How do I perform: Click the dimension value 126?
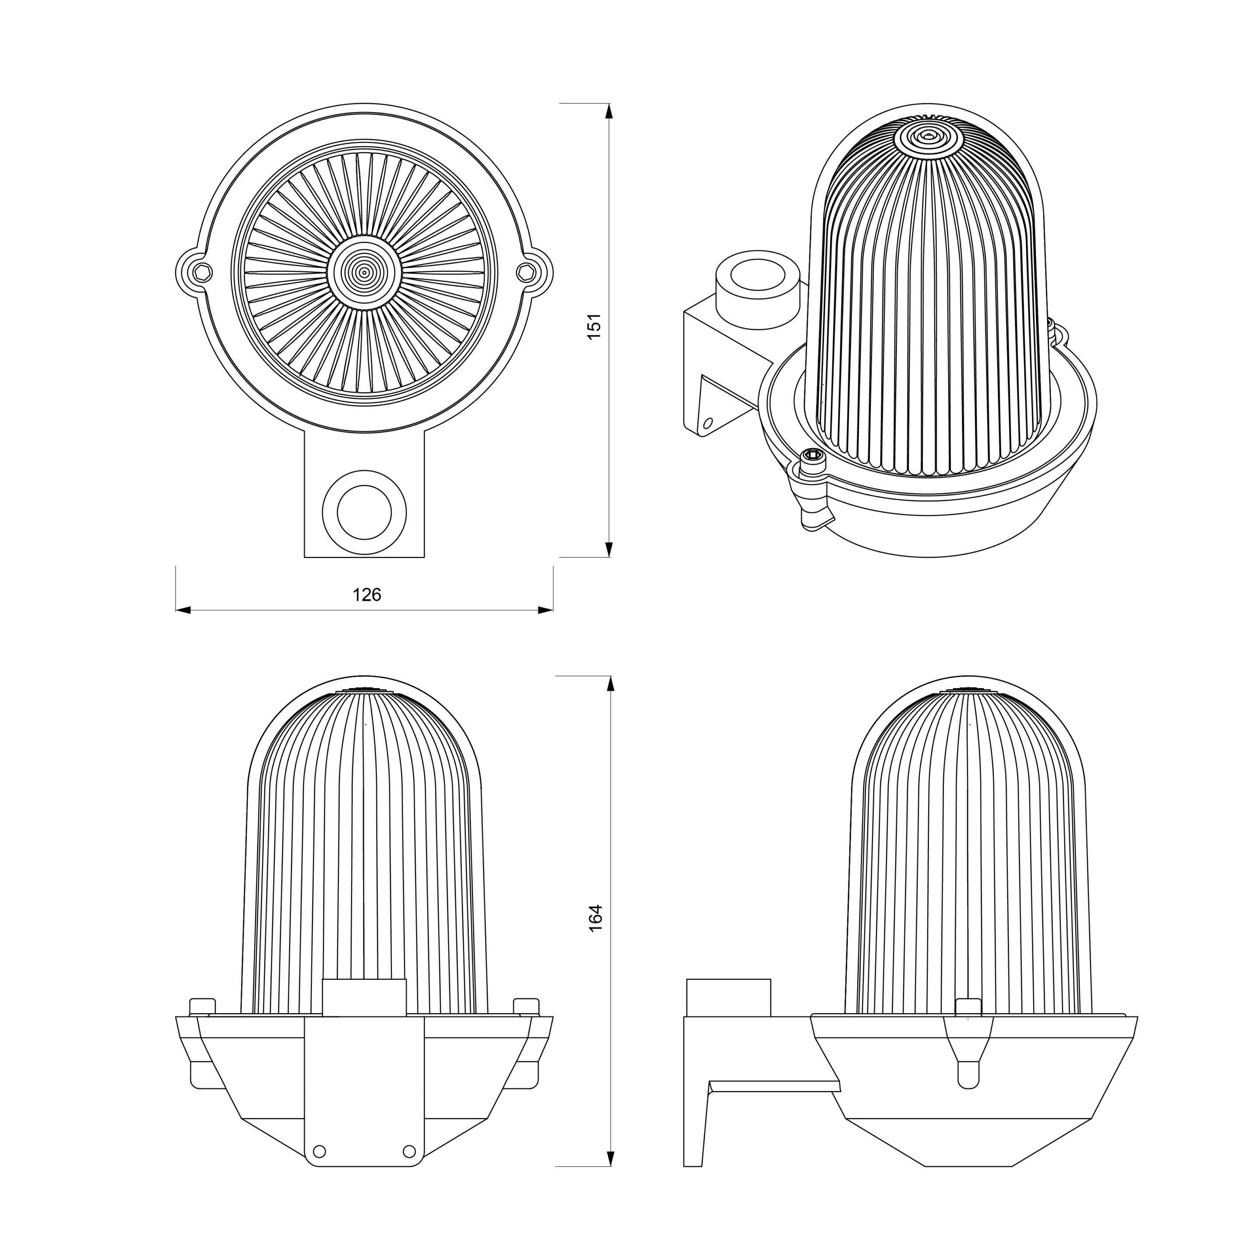tap(367, 595)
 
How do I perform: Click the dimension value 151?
tap(594, 326)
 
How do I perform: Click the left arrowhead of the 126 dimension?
tap(183, 610)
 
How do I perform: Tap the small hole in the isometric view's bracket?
tap(707, 423)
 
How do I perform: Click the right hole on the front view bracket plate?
tap(409, 1149)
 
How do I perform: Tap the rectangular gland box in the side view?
tap(728, 998)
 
